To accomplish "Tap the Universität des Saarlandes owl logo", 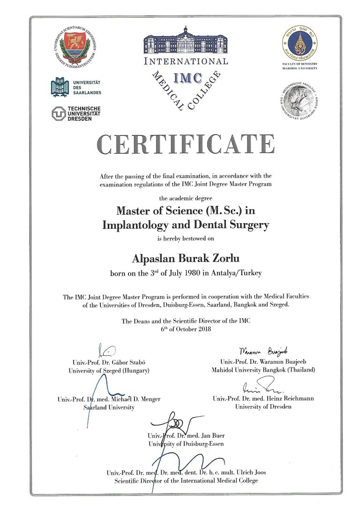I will click(59, 87).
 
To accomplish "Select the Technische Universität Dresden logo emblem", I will click(59, 113).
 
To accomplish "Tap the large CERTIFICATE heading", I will click(186, 144).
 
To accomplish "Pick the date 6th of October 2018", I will click(186, 329).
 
